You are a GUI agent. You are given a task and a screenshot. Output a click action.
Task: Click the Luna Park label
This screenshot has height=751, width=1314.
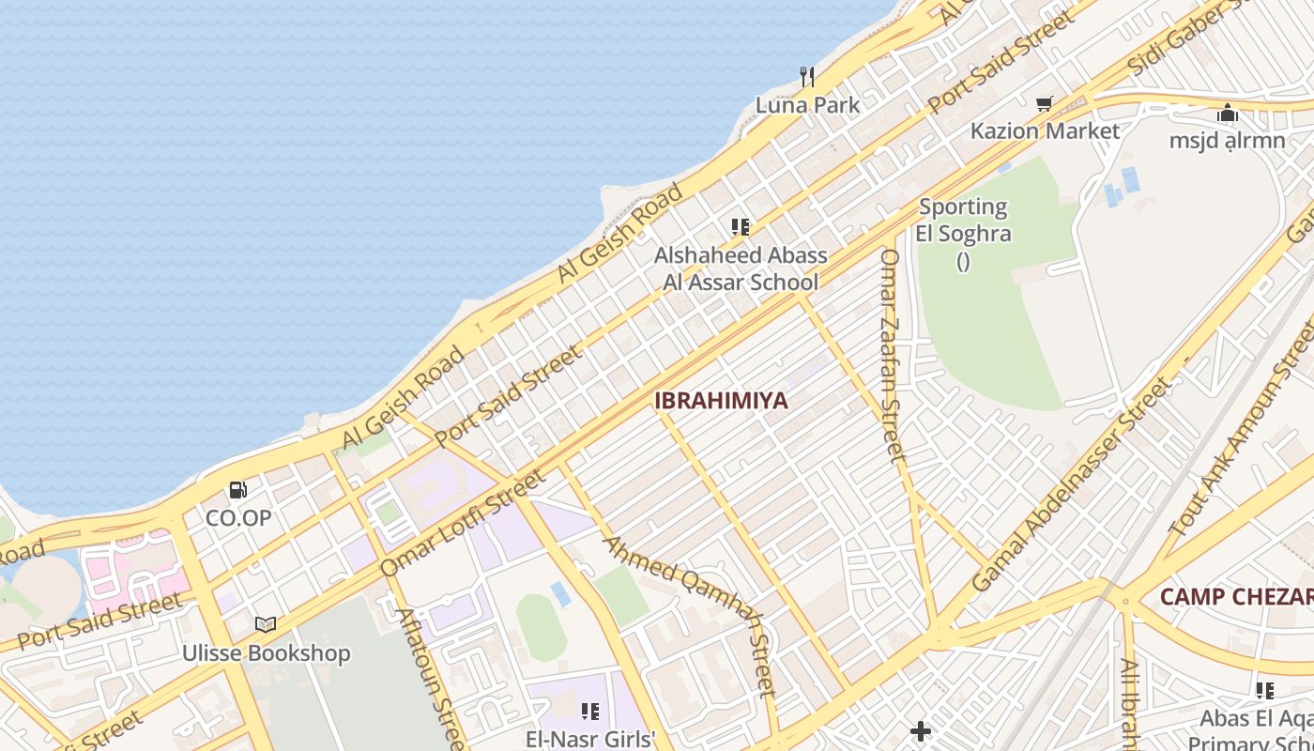(807, 105)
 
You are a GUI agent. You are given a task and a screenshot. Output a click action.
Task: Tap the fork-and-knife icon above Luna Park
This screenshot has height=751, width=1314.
(806, 75)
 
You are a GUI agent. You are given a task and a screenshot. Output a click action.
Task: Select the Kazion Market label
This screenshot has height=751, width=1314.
(1045, 130)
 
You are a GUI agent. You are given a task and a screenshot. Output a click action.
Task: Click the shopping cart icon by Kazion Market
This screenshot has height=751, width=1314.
(1044, 103)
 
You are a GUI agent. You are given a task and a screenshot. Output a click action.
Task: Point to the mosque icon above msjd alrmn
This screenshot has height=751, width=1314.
(1228, 114)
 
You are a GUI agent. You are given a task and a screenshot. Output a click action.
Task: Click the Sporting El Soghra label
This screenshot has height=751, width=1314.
(963, 220)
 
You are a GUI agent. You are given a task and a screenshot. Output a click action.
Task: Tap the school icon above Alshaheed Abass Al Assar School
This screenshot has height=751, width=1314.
(741, 227)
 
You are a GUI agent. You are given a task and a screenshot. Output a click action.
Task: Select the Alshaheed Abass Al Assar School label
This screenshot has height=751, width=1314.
(741, 268)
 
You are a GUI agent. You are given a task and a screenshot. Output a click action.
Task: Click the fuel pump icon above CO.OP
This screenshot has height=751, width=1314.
(238, 489)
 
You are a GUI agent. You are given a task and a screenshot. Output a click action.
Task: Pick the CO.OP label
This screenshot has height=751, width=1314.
(238, 517)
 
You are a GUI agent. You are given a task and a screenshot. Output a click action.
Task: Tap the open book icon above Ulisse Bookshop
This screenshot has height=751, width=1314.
(266, 624)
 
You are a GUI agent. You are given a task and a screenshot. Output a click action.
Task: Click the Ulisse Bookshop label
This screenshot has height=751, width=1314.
(266, 653)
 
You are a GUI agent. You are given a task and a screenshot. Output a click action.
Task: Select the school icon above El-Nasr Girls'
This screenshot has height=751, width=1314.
(589, 712)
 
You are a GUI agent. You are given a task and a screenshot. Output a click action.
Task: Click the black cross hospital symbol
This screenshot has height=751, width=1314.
(921, 730)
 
